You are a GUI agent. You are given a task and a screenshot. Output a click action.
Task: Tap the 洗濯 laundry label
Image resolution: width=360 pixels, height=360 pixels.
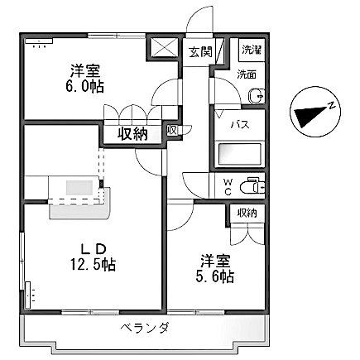[x=250, y=49]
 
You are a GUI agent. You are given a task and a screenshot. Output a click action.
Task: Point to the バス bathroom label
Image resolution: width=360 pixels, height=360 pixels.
[x=238, y=124]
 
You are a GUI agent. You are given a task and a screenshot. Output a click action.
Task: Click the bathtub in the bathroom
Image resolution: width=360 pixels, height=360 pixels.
[x=238, y=155]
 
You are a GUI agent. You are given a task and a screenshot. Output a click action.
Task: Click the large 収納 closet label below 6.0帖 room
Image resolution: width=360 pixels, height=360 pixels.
[x=132, y=132]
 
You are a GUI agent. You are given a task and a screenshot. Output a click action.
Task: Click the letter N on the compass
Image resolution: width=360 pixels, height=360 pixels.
[x=329, y=105]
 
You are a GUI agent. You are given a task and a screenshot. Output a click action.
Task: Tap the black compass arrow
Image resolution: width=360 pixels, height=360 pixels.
[x=307, y=115]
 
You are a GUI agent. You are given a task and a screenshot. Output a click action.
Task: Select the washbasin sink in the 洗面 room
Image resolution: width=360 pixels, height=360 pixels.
[x=254, y=96]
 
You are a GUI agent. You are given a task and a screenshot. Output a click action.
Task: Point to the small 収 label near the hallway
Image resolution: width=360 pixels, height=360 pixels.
[x=170, y=129]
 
